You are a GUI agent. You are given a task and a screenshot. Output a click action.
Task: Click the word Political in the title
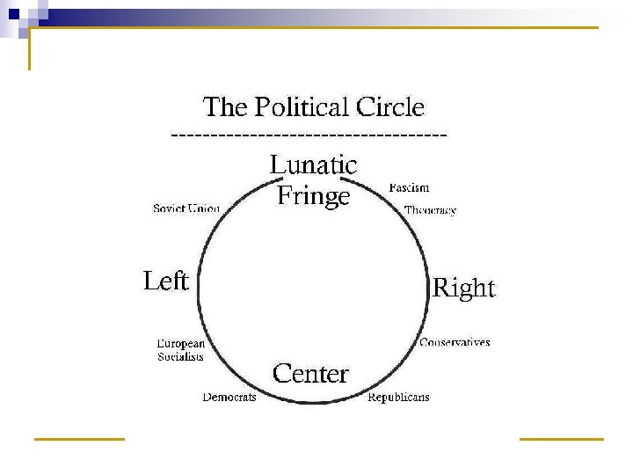301,108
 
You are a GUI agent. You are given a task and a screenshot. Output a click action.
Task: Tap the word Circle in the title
390,108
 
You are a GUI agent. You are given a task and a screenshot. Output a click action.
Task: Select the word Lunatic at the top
313,164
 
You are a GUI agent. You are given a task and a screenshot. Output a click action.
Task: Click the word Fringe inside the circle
313,195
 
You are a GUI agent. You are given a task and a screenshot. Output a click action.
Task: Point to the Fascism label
409,187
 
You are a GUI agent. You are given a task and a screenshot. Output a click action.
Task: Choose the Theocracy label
430,210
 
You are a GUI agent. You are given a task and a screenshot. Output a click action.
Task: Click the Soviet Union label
186,208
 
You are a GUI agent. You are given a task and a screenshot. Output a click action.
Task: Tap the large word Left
166,281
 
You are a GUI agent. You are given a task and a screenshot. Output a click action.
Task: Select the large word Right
464,289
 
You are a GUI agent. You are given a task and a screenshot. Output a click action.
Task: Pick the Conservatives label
455,342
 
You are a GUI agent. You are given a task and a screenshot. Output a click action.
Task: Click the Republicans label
398,398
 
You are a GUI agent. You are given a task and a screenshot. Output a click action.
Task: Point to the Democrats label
229,398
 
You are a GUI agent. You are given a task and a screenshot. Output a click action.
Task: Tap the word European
181,343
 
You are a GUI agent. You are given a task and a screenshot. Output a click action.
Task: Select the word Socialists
181,356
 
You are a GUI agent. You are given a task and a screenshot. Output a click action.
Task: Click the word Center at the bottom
310,374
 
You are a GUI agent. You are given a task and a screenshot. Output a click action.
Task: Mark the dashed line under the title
309,135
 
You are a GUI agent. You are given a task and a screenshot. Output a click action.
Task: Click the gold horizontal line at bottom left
79,437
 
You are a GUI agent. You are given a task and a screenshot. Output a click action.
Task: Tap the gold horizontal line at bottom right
562,437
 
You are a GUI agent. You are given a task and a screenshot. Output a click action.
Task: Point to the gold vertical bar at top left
30,48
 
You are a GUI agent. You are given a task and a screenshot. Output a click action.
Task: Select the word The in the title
224,108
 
